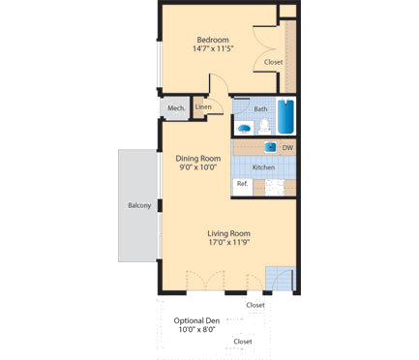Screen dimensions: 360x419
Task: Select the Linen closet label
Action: tap(203, 106)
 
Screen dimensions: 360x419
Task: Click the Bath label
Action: tap(260, 109)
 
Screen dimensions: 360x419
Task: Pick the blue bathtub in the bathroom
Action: tap(286, 118)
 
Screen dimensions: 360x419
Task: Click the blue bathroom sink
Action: tap(245, 127)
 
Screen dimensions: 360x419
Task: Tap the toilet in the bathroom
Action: tap(263, 126)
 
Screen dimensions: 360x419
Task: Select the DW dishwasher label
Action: tap(287, 148)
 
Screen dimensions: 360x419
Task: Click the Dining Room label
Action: tap(197, 158)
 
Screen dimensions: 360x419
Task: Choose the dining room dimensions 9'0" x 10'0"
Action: tap(197, 167)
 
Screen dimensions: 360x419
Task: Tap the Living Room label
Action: tap(229, 233)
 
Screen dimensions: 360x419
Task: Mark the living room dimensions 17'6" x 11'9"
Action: tap(229, 243)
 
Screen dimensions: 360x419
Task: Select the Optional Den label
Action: tap(195, 320)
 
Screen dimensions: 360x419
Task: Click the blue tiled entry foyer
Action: tap(279, 277)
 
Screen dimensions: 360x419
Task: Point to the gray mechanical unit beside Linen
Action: tap(175, 108)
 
